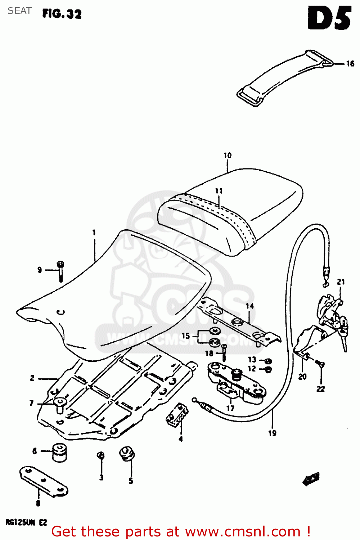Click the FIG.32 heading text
pyautogui.click(x=62, y=14)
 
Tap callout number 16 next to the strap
pyautogui.click(x=350, y=64)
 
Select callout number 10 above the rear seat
pyautogui.click(x=228, y=156)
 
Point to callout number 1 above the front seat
pyautogui.click(x=94, y=233)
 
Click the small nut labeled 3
pyautogui.click(x=101, y=456)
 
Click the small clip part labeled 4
pyautogui.click(x=177, y=414)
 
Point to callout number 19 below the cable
pyautogui.click(x=272, y=433)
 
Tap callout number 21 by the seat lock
pyautogui.click(x=341, y=282)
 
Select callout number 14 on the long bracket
pyautogui.click(x=249, y=306)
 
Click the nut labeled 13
pyautogui.click(x=268, y=361)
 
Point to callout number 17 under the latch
pyautogui.click(x=230, y=408)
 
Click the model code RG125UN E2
pyautogui.click(x=26, y=522)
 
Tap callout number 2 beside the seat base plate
pyautogui.click(x=32, y=378)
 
